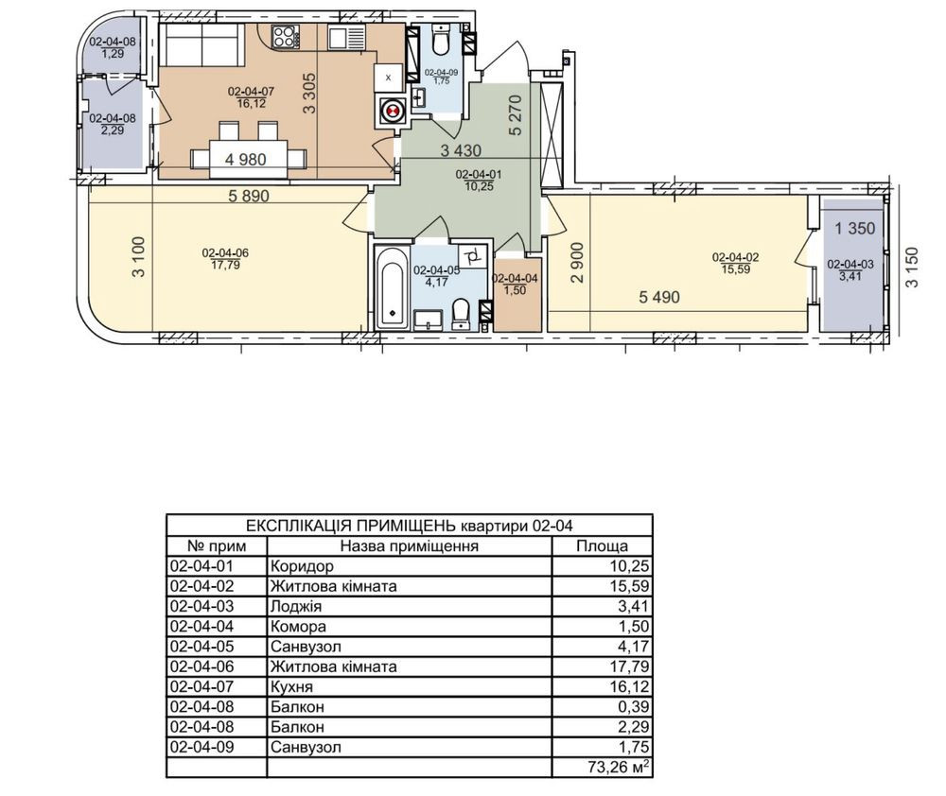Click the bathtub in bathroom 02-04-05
(392, 287)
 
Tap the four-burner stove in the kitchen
(286, 38)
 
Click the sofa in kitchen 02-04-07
(201, 44)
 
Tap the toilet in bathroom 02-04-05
(462, 314)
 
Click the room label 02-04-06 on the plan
(225, 252)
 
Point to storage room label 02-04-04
(516, 279)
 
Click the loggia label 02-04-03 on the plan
(850, 264)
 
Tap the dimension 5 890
(249, 196)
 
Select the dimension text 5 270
(516, 115)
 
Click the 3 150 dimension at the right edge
(912, 268)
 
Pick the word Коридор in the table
(302, 566)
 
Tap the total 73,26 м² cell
(619, 767)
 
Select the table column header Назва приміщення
(409, 546)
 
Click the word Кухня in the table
(291, 687)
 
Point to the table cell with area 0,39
(634, 707)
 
